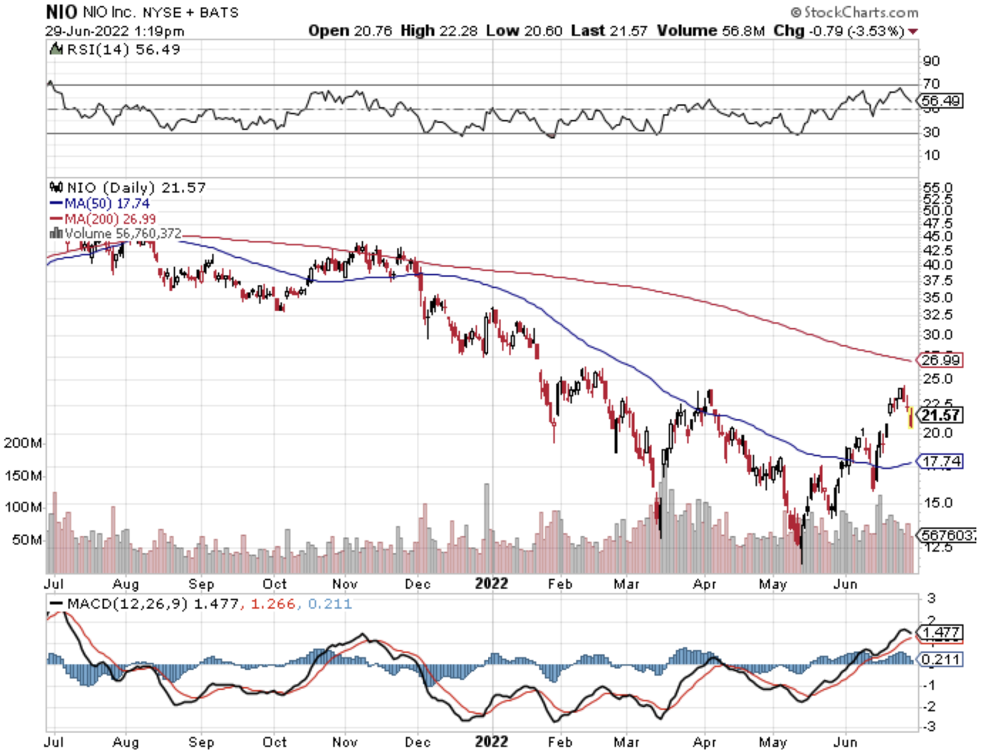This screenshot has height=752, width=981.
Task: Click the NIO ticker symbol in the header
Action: tap(61, 12)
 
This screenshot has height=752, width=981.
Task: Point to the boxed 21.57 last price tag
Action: tap(940, 415)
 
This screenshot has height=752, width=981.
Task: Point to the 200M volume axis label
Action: tap(23, 443)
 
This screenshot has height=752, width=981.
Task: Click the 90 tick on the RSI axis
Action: tap(931, 61)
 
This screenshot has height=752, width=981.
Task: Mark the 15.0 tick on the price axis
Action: tap(937, 503)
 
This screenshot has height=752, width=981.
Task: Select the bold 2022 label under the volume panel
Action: tap(491, 583)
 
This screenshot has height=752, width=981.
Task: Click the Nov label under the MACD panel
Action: tap(345, 742)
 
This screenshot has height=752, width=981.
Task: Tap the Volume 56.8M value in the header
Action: tap(711, 31)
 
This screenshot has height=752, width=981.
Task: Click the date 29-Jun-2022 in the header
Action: tap(87, 31)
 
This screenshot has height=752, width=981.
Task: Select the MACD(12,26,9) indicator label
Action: tap(127, 604)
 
